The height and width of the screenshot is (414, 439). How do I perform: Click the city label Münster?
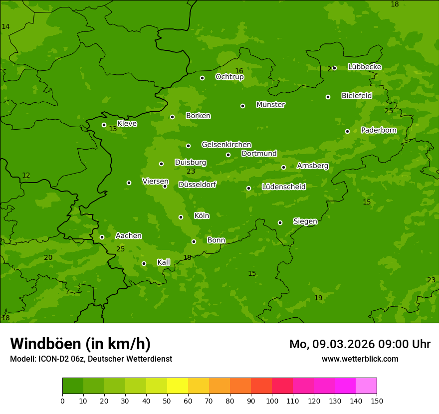coord(270,105)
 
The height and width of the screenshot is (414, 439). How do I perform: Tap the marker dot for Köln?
coord(181,217)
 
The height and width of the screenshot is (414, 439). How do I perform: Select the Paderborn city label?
coord(379,130)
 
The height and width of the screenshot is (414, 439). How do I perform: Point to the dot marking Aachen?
coord(102,237)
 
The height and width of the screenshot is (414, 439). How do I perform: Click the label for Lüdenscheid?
coord(283,187)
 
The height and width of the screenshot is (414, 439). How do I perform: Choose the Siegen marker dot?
coord(280,222)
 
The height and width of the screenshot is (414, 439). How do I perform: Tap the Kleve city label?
coord(127,124)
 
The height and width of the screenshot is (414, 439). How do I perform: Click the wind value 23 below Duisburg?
coord(191,172)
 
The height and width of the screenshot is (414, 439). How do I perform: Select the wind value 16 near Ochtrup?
coord(239,71)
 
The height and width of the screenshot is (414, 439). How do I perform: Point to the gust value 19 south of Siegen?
coord(318,298)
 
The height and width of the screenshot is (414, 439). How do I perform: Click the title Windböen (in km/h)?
coord(80,344)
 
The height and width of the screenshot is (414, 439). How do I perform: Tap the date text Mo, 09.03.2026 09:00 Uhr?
coord(360,344)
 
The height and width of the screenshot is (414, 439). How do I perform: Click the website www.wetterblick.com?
coord(360,359)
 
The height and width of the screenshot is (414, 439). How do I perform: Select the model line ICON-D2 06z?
coord(91,359)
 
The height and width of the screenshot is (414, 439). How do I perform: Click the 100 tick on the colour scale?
coord(272,401)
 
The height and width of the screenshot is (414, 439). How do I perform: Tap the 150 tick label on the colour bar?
coord(377,401)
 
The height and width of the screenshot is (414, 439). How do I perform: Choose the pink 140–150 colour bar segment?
coord(366,386)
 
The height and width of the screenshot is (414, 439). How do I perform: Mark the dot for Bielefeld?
coord(328,97)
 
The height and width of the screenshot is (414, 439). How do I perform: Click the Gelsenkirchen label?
coord(226,145)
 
